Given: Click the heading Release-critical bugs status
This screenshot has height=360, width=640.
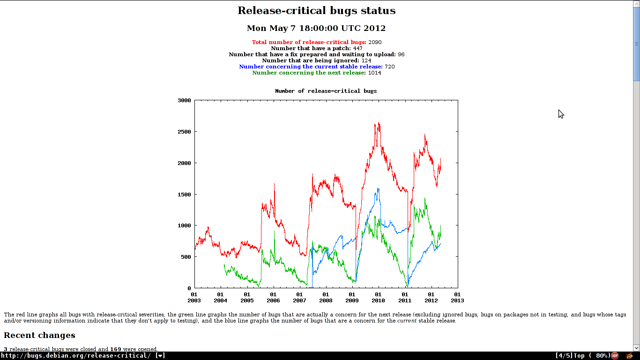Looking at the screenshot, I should (x=316, y=11).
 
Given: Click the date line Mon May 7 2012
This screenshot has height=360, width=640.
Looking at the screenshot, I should (x=316, y=28).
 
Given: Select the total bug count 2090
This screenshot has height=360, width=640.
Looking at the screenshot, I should (x=375, y=42).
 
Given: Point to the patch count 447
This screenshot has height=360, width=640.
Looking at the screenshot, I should (x=357, y=48).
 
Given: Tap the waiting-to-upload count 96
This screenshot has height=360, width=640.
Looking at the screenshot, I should (x=401, y=54).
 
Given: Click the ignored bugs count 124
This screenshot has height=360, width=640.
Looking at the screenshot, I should (x=366, y=60).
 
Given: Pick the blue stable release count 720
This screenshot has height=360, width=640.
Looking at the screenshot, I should (x=389, y=67).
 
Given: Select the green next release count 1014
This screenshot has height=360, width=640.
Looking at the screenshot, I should (x=374, y=73).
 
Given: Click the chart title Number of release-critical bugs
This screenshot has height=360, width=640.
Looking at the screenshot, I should (x=326, y=91).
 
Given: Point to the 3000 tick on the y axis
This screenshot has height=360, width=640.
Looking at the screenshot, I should (x=185, y=100).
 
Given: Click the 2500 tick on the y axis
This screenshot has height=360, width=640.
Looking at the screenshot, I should (x=185, y=132).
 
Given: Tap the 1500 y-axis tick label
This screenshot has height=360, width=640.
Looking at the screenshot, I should (x=185, y=194).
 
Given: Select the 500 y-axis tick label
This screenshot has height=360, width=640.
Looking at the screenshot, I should (x=186, y=257).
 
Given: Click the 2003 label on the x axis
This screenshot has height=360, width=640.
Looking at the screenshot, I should (x=194, y=300).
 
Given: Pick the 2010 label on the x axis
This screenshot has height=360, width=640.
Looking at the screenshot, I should (x=378, y=300).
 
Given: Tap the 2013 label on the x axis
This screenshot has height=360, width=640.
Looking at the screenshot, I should (x=457, y=300).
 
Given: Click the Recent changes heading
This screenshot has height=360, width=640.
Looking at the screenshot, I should (x=39, y=335).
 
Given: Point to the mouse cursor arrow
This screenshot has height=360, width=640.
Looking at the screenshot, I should (x=560, y=113).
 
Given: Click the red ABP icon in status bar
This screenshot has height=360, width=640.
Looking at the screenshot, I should (x=614, y=356).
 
